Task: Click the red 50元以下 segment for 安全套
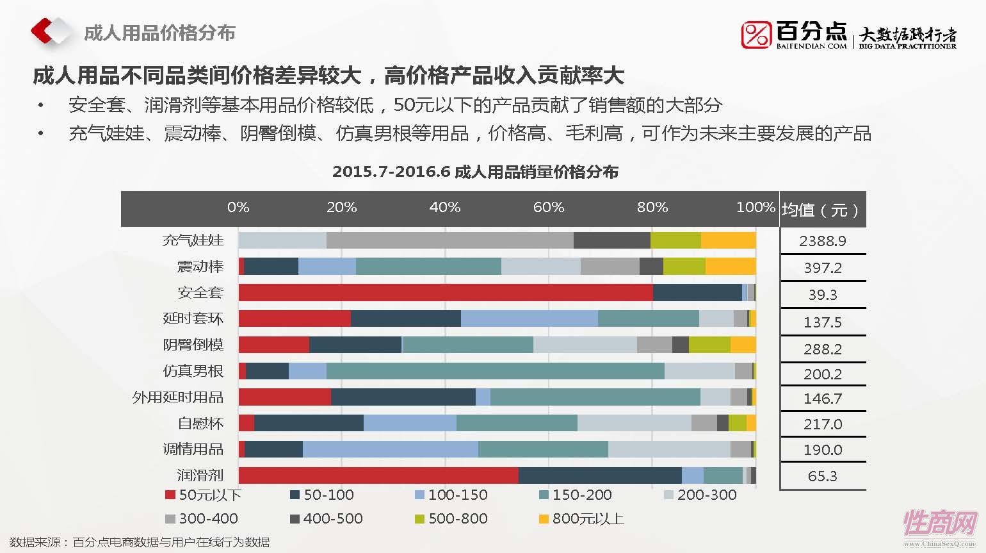pyautogui.click(x=445, y=293)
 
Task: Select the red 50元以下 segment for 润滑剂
pyautogui.click(x=378, y=475)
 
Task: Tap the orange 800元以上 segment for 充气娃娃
pyautogui.click(x=728, y=240)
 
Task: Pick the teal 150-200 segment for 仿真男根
pyautogui.click(x=495, y=371)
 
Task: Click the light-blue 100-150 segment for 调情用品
pyautogui.click(x=390, y=449)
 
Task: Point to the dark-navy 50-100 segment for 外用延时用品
pyautogui.click(x=403, y=397)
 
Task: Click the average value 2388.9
pyautogui.click(x=822, y=241)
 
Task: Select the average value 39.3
pyautogui.click(x=822, y=295)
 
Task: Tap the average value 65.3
pyautogui.click(x=822, y=476)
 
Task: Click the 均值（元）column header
pyautogui.click(x=820, y=210)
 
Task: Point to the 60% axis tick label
pyautogui.click(x=548, y=207)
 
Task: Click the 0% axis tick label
pyautogui.click(x=238, y=207)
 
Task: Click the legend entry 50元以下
pyautogui.click(x=203, y=495)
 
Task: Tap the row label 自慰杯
pyautogui.click(x=200, y=424)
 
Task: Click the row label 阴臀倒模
pyautogui.click(x=193, y=345)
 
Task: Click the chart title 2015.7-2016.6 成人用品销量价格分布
pyautogui.click(x=475, y=172)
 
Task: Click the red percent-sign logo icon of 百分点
pyautogui.click(x=756, y=35)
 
